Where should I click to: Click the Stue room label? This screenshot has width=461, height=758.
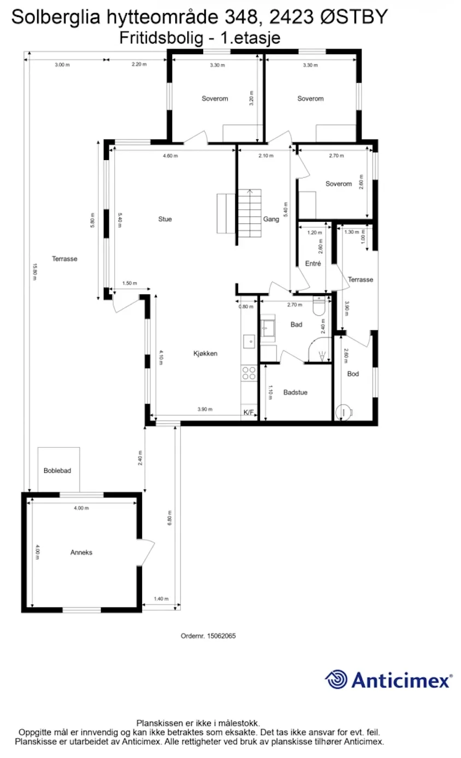click(x=165, y=219)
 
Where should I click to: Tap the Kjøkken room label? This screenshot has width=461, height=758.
click(x=205, y=353)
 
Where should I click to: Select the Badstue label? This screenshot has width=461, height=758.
click(x=295, y=392)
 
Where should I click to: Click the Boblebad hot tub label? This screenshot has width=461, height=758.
click(x=58, y=470)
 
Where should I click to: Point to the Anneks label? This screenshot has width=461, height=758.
click(x=81, y=552)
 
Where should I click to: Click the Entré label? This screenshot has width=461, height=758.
click(x=313, y=263)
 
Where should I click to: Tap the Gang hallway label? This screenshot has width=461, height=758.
click(x=271, y=219)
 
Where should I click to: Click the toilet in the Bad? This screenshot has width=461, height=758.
click(x=319, y=306)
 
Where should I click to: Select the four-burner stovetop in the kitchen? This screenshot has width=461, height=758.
click(x=249, y=373)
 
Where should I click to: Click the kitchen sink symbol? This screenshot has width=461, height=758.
click(x=249, y=341)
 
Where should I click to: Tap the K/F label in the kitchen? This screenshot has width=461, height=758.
click(x=249, y=412)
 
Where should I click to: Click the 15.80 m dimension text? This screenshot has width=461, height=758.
click(x=34, y=271)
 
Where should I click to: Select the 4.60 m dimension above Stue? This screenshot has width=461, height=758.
click(x=170, y=156)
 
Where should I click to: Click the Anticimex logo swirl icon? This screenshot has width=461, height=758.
click(x=337, y=680)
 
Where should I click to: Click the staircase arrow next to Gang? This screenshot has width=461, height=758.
click(x=250, y=192)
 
